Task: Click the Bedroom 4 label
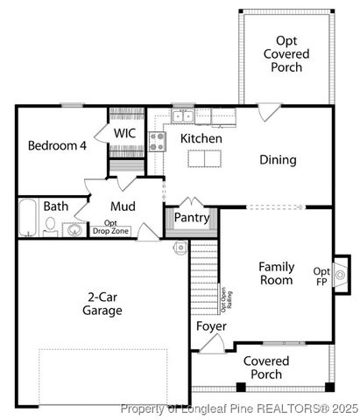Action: point(56,145)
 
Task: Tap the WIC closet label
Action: point(124,133)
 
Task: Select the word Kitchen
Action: point(201,138)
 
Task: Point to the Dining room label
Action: point(277,160)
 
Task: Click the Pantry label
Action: point(191,217)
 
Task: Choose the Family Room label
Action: point(276,273)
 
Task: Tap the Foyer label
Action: point(211,326)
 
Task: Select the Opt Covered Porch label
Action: point(286,53)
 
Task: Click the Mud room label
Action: point(123,206)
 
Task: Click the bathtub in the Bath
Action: point(28,217)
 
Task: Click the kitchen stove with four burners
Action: point(158,141)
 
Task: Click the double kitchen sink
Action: point(183,115)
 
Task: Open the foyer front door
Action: point(211,343)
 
